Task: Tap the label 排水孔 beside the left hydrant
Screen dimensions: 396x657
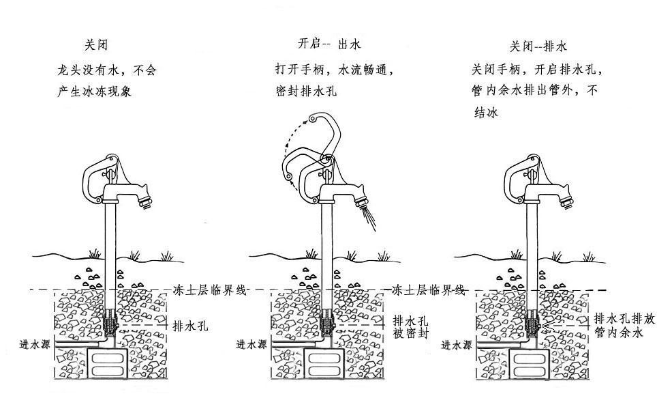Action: tap(191, 326)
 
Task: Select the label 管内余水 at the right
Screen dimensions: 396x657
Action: tap(618, 333)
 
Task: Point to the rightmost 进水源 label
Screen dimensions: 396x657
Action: tap(455, 345)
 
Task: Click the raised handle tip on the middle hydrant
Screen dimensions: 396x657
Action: tap(311, 120)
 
